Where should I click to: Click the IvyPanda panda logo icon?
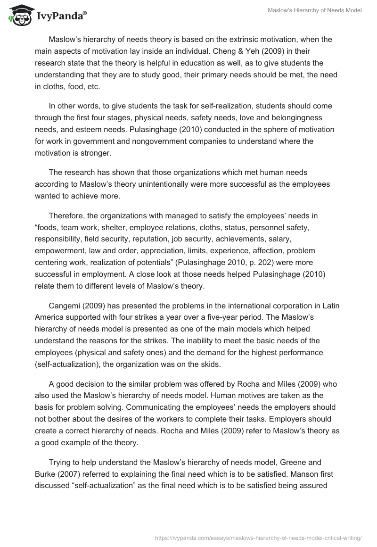pyautogui.click(x=19, y=16)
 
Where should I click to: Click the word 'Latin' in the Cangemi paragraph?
pyautogui.click(x=331, y=305)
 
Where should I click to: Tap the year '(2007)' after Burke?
pyautogui.click(x=71, y=475)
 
